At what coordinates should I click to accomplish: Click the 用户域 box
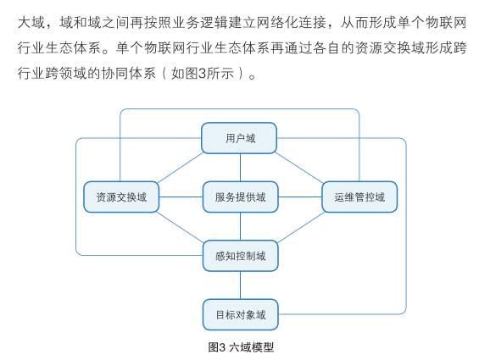coord(239,138)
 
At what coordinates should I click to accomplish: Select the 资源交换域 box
coord(121,197)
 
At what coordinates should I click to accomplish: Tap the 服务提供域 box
coord(241,197)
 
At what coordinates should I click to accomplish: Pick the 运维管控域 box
coord(359,197)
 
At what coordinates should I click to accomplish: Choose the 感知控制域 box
coord(241,256)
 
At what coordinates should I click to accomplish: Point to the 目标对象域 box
coord(241,315)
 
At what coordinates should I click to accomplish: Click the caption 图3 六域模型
coord(241,347)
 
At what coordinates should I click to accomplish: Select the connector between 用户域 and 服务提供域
coord(241,168)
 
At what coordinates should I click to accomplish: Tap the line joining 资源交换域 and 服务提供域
coord(181,197)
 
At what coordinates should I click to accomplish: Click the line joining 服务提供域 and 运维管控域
coord(300,197)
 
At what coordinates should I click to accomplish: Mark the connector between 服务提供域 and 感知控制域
coord(241,226)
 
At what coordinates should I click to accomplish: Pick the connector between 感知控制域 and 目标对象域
coord(241,285)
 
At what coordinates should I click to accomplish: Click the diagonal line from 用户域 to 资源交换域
coord(181,168)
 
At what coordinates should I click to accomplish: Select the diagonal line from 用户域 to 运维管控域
coord(299,168)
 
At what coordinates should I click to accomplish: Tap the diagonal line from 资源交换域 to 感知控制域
coord(181,227)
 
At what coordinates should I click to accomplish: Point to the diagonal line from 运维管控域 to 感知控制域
coord(301,227)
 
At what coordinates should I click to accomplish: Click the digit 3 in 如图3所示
coord(203,74)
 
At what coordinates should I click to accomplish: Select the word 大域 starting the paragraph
coord(31,23)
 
